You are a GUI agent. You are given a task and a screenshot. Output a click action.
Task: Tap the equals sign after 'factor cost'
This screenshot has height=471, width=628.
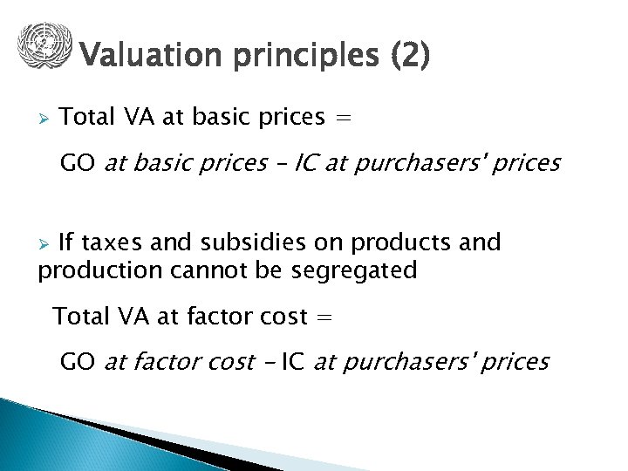coord(324,317)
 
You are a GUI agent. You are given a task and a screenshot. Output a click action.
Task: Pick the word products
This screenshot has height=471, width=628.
coord(376,242)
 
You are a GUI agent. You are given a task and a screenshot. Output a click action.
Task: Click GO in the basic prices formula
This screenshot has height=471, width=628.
coord(78,163)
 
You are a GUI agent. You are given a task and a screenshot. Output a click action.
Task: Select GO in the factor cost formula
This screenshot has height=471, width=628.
coord(78,361)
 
